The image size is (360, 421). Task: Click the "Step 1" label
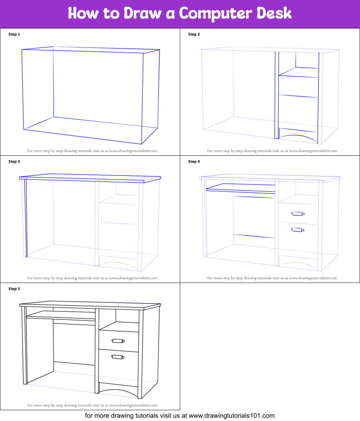point(14,34)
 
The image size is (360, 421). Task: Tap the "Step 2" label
point(194,34)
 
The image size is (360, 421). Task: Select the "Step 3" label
point(14,161)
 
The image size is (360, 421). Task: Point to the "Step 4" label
point(194,161)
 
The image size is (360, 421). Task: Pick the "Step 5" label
point(14,289)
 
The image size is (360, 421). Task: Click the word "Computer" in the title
point(215,14)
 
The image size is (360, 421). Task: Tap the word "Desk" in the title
point(274,13)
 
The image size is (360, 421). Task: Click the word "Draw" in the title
point(142,13)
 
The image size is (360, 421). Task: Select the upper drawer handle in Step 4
point(298,214)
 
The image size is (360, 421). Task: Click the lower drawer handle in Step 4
point(298,230)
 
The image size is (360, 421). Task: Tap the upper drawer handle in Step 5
point(118,341)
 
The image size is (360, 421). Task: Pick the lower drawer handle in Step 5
point(118,357)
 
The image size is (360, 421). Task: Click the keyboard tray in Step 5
point(61,316)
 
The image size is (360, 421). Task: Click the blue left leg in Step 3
point(26,218)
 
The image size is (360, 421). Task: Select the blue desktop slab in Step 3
point(90,178)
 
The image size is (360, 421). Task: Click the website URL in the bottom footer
point(232,416)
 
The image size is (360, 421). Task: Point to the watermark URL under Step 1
point(133,151)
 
